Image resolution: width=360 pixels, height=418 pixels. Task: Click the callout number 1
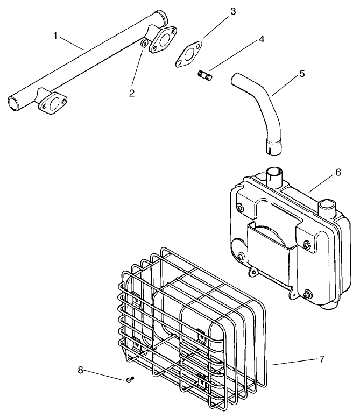(x=55, y=36)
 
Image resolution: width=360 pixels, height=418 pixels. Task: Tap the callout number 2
(x=131, y=93)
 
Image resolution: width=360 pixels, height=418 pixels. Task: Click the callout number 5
(x=302, y=74)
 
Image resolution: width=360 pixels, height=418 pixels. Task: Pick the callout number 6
(x=338, y=172)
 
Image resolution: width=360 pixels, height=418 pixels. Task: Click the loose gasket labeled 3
(x=187, y=56)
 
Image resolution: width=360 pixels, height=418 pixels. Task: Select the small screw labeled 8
(x=129, y=380)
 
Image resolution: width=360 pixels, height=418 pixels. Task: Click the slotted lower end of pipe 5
(x=271, y=145)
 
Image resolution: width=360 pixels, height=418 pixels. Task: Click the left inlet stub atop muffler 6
(x=275, y=176)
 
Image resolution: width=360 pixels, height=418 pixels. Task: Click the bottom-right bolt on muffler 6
(x=307, y=293)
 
